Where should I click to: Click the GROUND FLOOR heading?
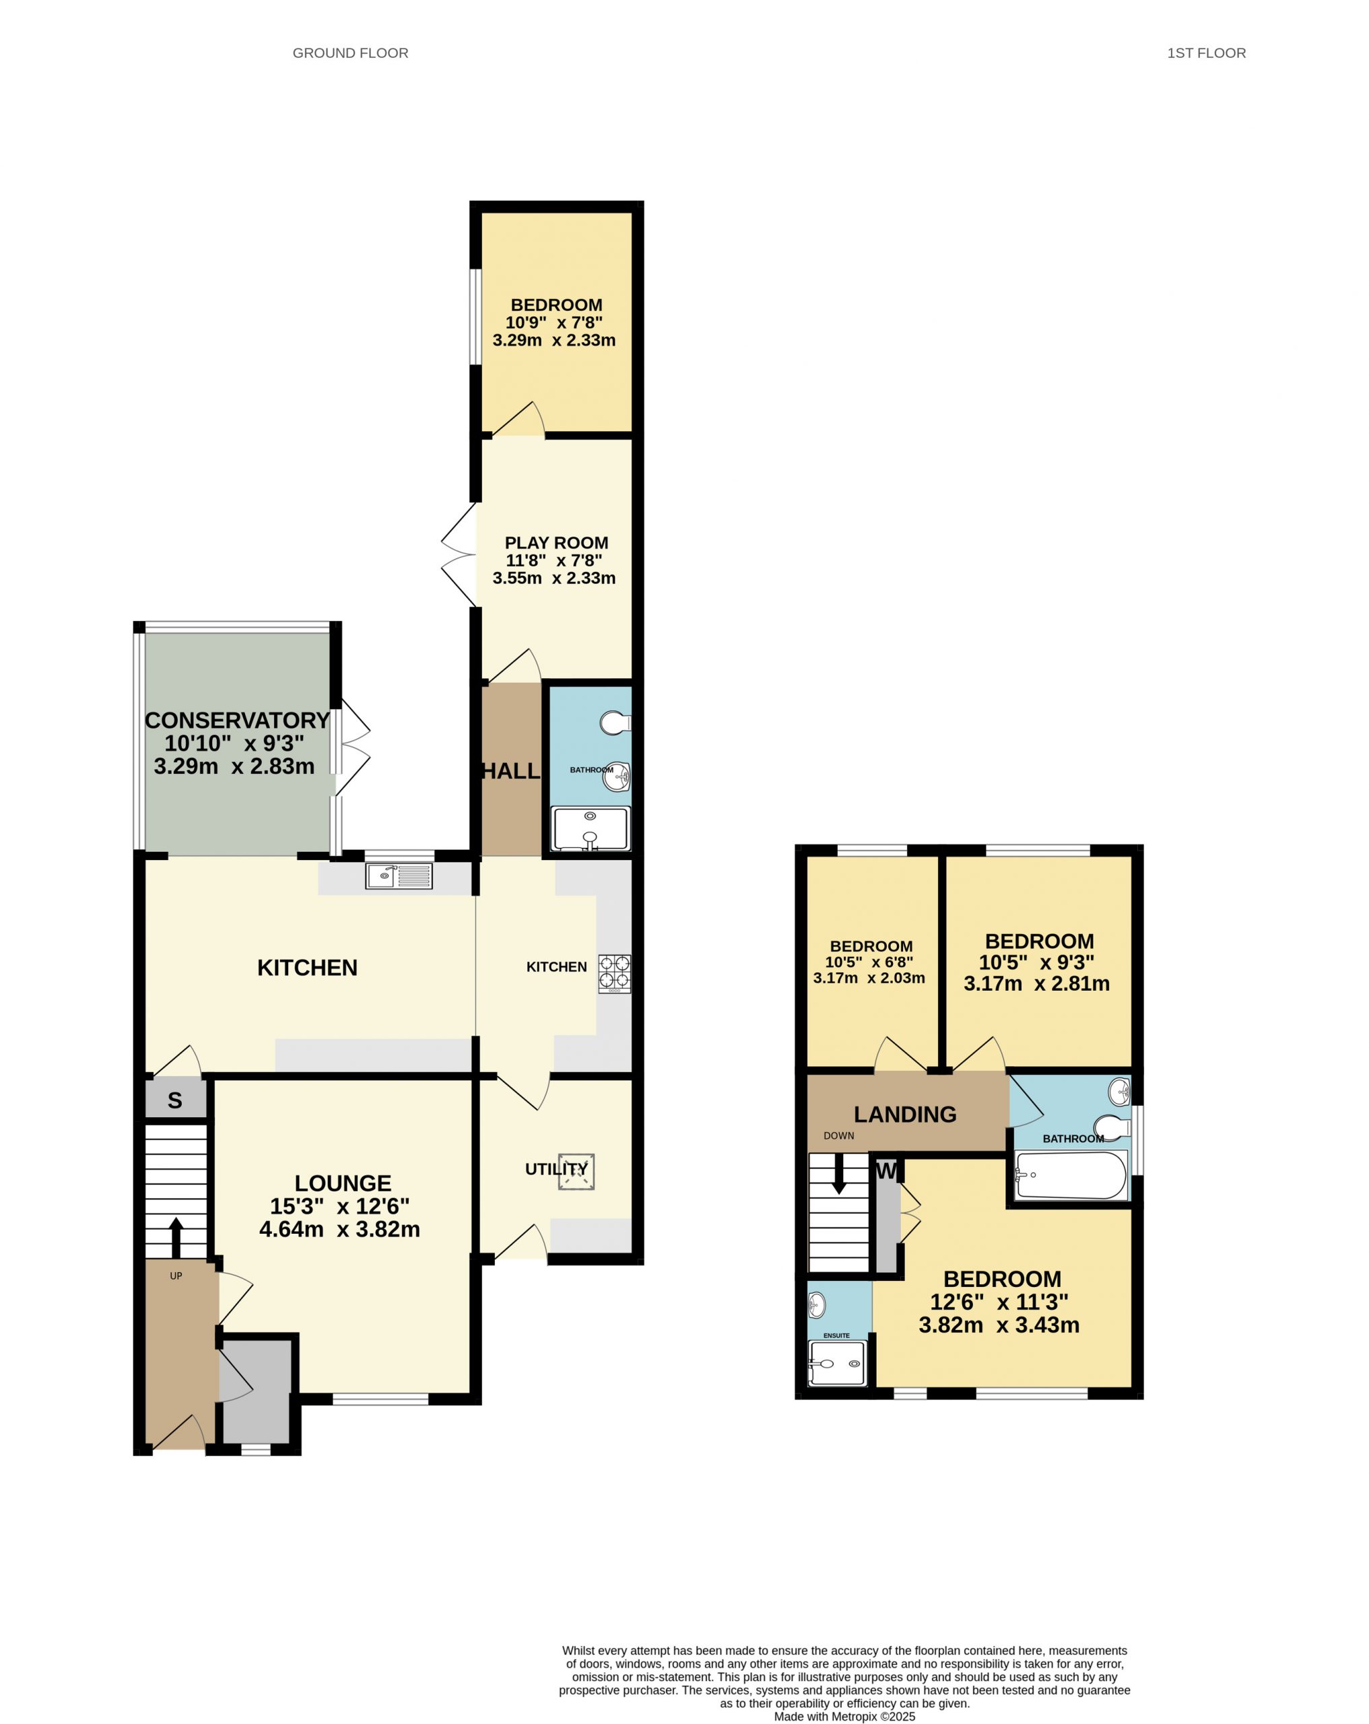(x=350, y=53)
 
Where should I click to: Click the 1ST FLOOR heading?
(x=1206, y=53)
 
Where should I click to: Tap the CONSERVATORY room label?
(x=237, y=720)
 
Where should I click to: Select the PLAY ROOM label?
(x=556, y=542)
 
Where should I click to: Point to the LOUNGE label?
(x=343, y=1183)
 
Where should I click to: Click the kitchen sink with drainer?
(x=399, y=876)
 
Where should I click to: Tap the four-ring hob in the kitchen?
(x=614, y=973)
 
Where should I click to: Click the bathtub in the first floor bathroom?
(x=1071, y=1174)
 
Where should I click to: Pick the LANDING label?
(x=904, y=1114)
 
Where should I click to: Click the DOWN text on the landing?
(x=839, y=1135)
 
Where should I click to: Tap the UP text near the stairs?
(x=176, y=1275)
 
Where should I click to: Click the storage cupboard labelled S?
(x=175, y=1100)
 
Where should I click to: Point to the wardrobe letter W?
(x=886, y=1170)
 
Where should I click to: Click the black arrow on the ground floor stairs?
(x=176, y=1238)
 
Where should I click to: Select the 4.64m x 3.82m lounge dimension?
(x=339, y=1229)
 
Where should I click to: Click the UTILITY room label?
(x=556, y=1169)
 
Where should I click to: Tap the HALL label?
(x=511, y=771)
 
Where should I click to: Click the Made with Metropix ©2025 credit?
(x=844, y=1716)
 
